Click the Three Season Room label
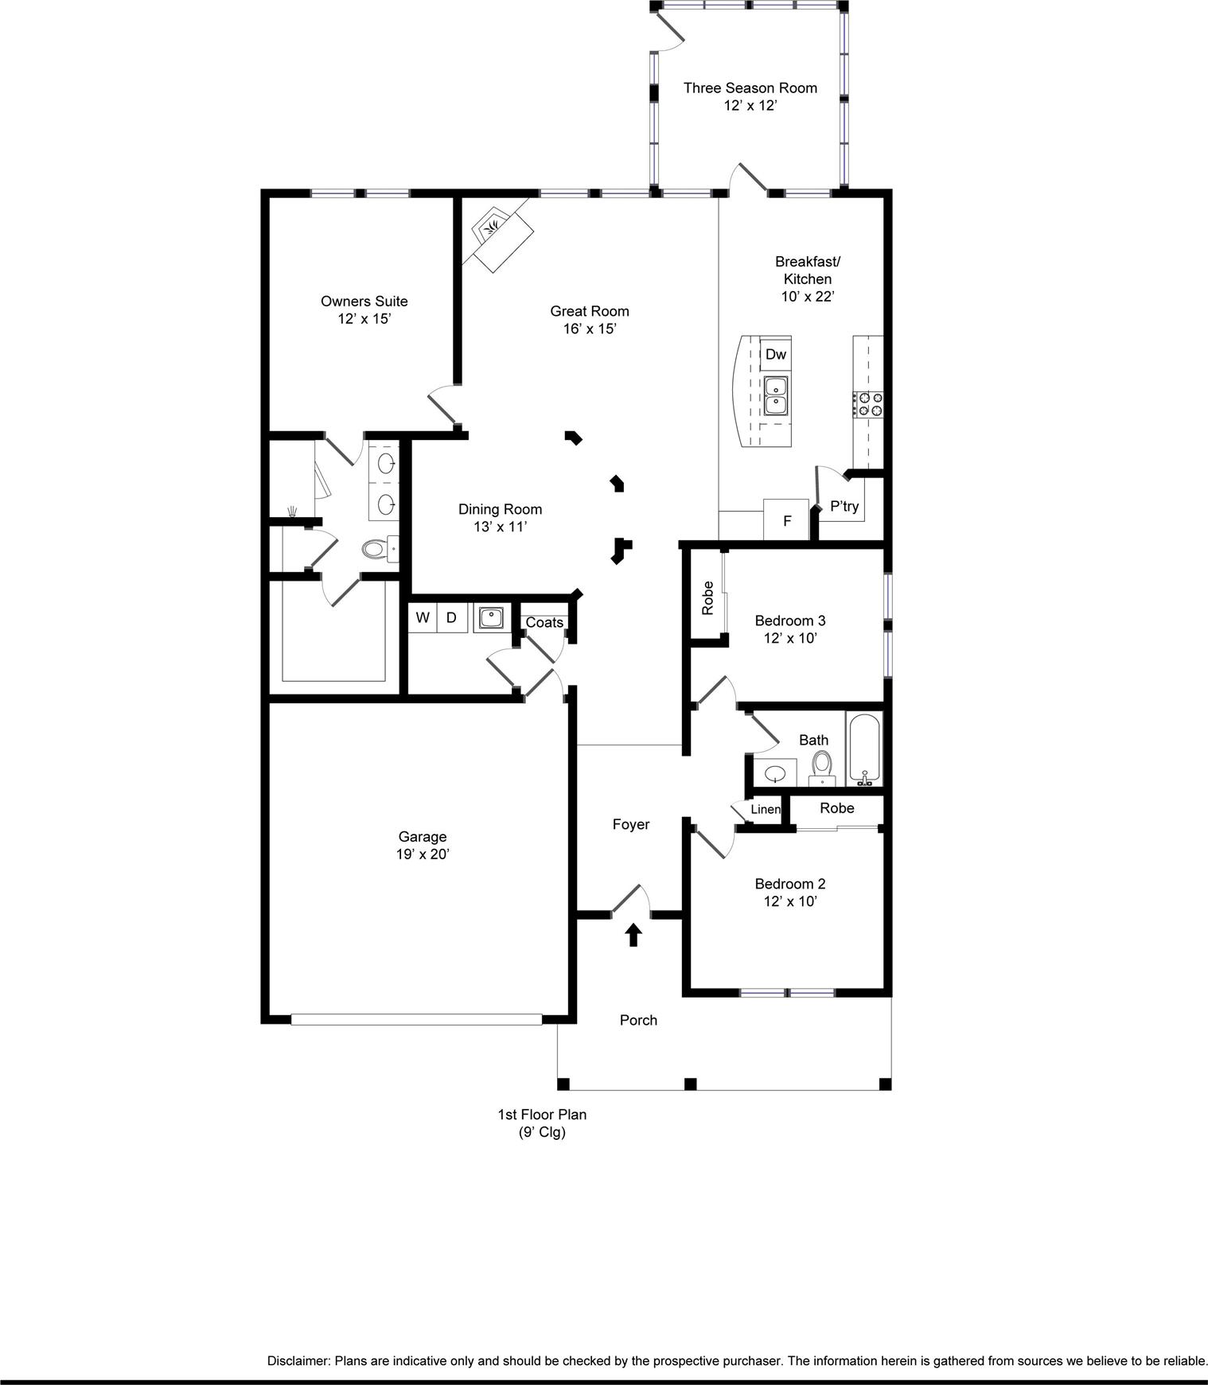click(x=750, y=88)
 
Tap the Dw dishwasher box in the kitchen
click(x=776, y=355)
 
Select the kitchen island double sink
click(x=776, y=396)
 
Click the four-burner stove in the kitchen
click(x=868, y=404)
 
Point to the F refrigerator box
click(x=786, y=520)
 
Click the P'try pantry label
click(x=844, y=506)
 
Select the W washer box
click(x=423, y=618)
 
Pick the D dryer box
click(x=451, y=618)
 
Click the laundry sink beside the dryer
click(x=491, y=618)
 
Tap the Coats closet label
click(x=544, y=623)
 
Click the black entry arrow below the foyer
click(x=633, y=935)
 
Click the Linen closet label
click(x=766, y=810)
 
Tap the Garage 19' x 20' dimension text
click(x=423, y=854)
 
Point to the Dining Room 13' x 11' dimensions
click(x=500, y=527)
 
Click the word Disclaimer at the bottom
click(x=298, y=1361)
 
